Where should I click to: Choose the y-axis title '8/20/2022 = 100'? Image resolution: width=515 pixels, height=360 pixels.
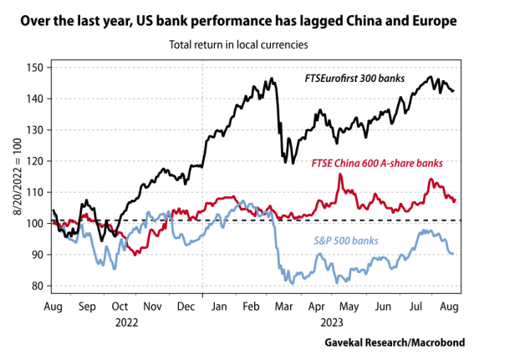(14, 175)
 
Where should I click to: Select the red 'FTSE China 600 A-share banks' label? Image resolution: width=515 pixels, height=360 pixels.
(376, 163)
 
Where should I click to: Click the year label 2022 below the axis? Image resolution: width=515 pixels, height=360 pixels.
(128, 321)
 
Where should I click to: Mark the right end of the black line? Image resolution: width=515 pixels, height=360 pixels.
(454, 91)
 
